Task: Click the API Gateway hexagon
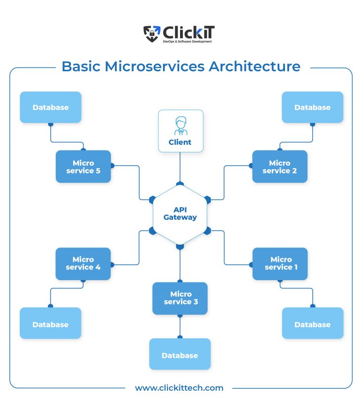click(180, 214)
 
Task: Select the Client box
click(180, 131)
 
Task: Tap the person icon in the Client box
click(180, 125)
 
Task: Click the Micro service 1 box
click(280, 264)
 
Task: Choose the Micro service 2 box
click(280, 166)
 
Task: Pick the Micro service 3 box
click(180, 298)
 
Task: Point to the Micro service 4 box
click(83, 264)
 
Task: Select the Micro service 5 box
click(83, 166)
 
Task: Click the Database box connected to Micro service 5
click(51, 107)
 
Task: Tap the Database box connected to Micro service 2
click(312, 107)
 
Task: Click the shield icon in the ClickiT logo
click(151, 33)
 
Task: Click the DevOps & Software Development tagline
click(187, 42)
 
